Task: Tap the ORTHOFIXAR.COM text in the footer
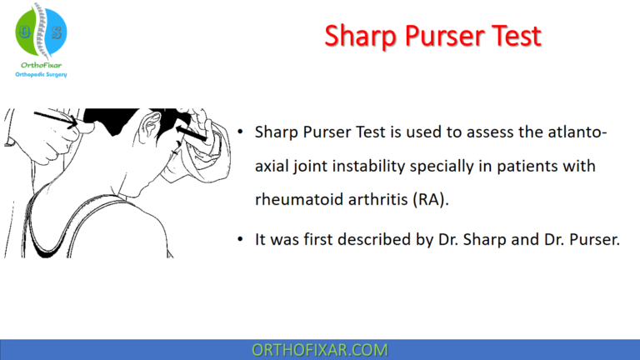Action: click(319, 349)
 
